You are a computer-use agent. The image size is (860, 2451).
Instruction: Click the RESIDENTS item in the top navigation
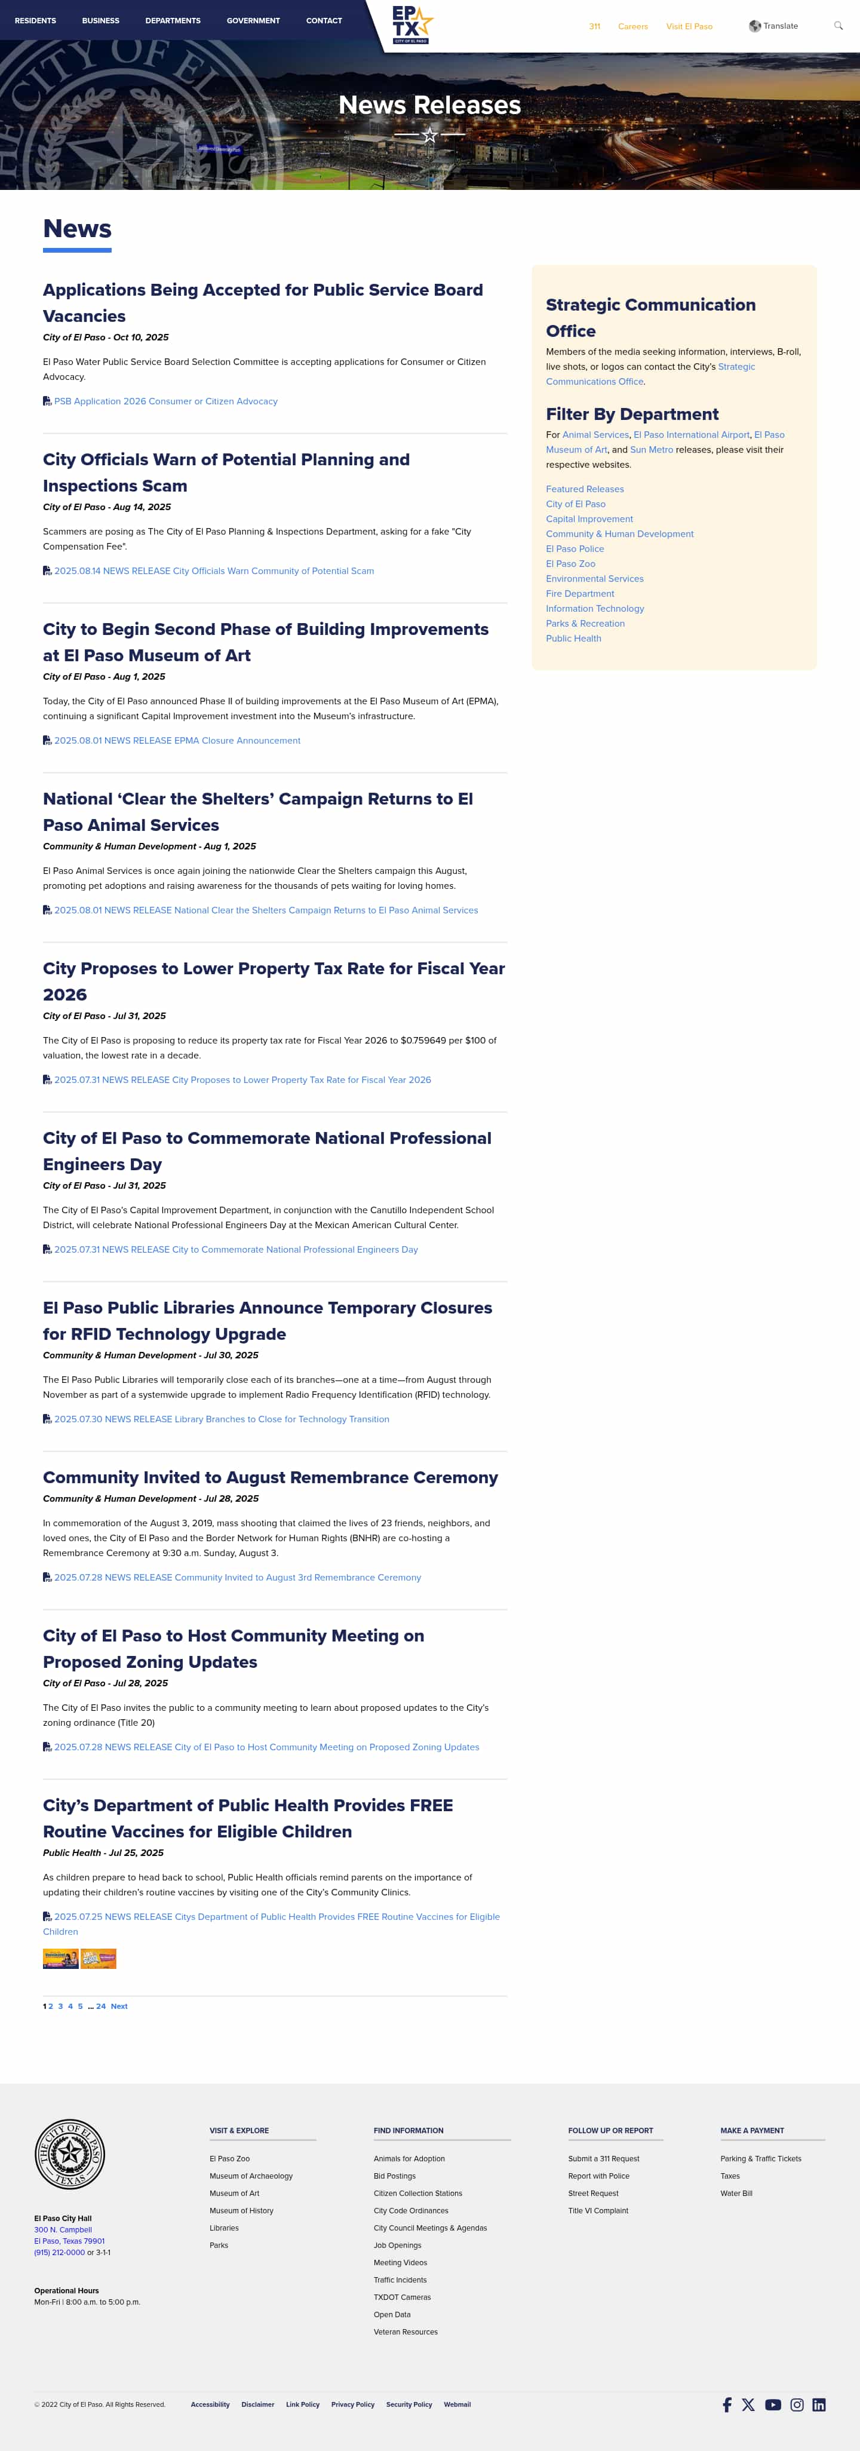35,20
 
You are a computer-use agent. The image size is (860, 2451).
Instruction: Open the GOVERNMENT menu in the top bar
253,20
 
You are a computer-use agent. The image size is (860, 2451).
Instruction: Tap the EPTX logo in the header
411,24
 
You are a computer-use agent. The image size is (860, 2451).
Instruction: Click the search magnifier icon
838,26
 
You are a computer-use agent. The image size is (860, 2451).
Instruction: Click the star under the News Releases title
430,135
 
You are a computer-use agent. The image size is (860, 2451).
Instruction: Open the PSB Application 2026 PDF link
165,401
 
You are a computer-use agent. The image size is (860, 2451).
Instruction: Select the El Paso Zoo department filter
571,563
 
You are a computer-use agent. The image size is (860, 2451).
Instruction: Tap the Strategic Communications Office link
651,374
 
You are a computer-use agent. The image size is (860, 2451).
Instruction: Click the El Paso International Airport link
692,435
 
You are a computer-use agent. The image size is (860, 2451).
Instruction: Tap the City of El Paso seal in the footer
69,2153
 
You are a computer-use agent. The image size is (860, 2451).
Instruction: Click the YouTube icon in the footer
772,2404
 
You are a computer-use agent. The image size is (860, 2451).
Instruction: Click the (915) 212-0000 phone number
59,2252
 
